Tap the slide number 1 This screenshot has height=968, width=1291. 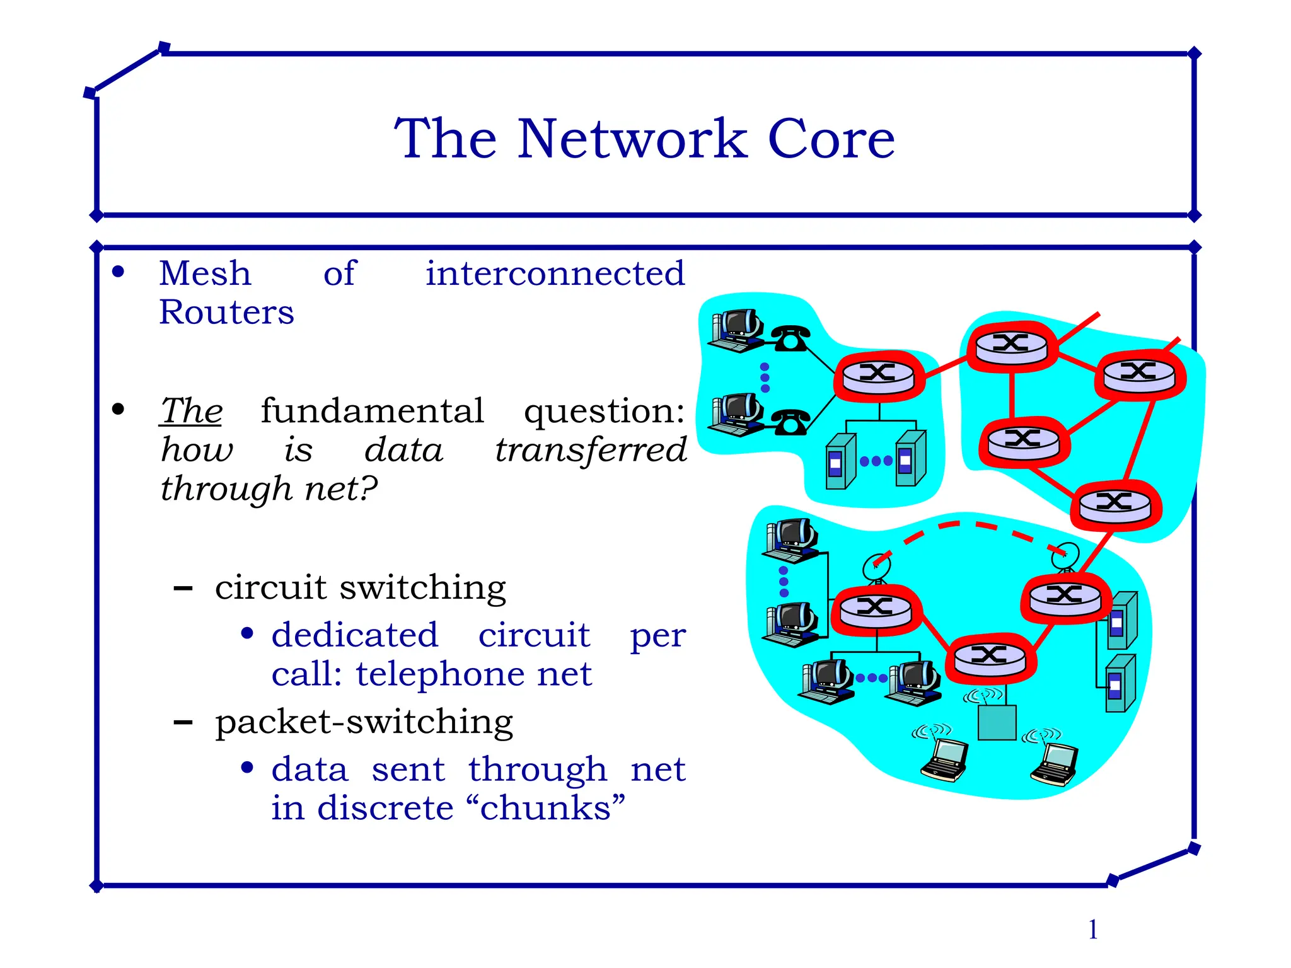[1093, 930]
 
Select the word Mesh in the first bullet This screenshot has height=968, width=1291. [205, 274]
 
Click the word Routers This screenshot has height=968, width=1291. [226, 312]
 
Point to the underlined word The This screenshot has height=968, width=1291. [191, 411]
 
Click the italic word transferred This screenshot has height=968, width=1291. [590, 450]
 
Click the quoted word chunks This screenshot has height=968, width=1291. [552, 808]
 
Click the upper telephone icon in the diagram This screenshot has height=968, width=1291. [790, 338]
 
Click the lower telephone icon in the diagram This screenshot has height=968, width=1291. [790, 422]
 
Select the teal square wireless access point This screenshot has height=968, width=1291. [997, 722]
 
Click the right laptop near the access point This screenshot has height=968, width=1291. [1055, 764]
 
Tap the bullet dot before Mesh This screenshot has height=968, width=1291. [118, 272]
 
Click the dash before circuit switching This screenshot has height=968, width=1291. [183, 589]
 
